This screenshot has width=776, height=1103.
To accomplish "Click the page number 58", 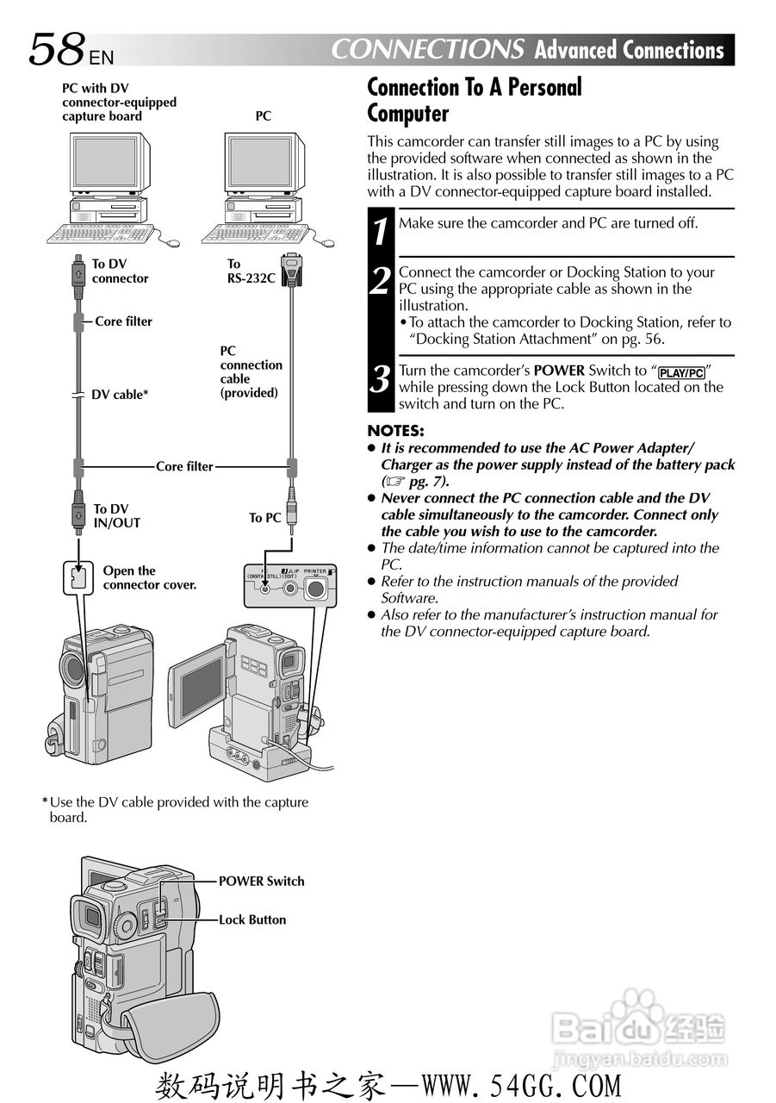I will click(58, 49).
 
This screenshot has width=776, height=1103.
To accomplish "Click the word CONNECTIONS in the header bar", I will click(427, 49).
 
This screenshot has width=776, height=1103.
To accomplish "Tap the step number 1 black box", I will click(381, 232).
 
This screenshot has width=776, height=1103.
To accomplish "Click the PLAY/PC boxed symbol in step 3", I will click(681, 372).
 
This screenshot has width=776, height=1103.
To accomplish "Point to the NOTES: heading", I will click(395, 431).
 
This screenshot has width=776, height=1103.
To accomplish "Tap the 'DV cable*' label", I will click(120, 395).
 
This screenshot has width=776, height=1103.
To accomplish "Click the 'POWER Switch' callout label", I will click(261, 881).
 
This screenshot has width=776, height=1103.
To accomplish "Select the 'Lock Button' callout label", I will click(251, 919).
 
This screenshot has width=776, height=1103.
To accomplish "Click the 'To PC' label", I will click(265, 518).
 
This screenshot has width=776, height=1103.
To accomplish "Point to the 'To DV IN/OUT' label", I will click(116, 515).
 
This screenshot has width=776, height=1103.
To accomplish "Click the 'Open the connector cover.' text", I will click(150, 577).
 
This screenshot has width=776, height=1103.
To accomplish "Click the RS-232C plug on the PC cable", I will click(292, 269).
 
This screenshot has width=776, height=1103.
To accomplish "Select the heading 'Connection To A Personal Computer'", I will click(474, 100).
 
